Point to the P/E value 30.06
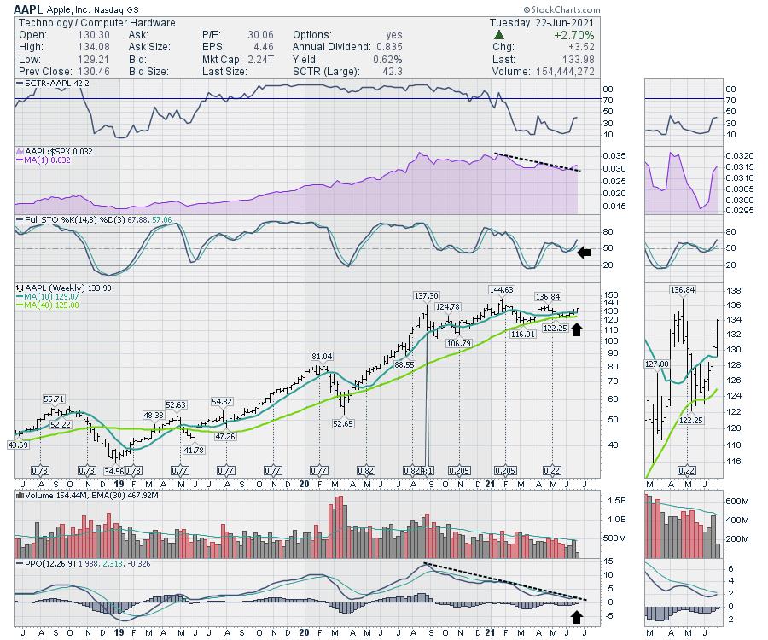click(245, 36)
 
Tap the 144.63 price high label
click(502, 289)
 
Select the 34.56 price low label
click(115, 470)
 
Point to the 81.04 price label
click(321, 356)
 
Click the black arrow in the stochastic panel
click(583, 252)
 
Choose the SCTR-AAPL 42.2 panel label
click(53, 83)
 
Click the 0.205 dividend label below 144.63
click(503, 471)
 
